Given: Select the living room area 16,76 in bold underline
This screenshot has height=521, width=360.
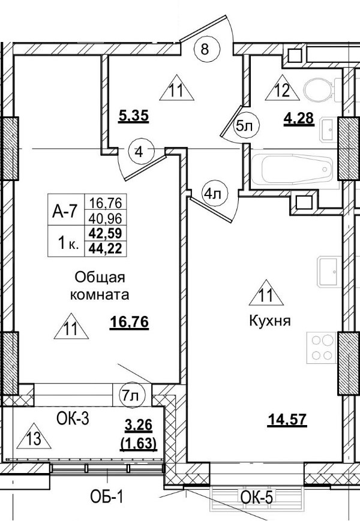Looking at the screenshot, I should (x=129, y=323).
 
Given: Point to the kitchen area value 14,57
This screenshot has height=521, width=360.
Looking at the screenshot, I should (x=286, y=420).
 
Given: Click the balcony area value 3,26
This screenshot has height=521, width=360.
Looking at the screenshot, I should (x=140, y=426).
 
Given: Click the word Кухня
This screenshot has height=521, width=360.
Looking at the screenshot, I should (x=270, y=321).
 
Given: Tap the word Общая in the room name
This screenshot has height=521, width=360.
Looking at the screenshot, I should (x=100, y=277).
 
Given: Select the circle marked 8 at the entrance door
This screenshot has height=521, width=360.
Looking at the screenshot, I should (x=205, y=50).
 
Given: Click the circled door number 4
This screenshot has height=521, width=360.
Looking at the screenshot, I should (x=139, y=151).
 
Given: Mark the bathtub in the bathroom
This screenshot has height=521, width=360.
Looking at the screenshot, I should (x=294, y=172).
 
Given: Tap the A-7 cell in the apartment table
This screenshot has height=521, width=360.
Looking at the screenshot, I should (x=67, y=210).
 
